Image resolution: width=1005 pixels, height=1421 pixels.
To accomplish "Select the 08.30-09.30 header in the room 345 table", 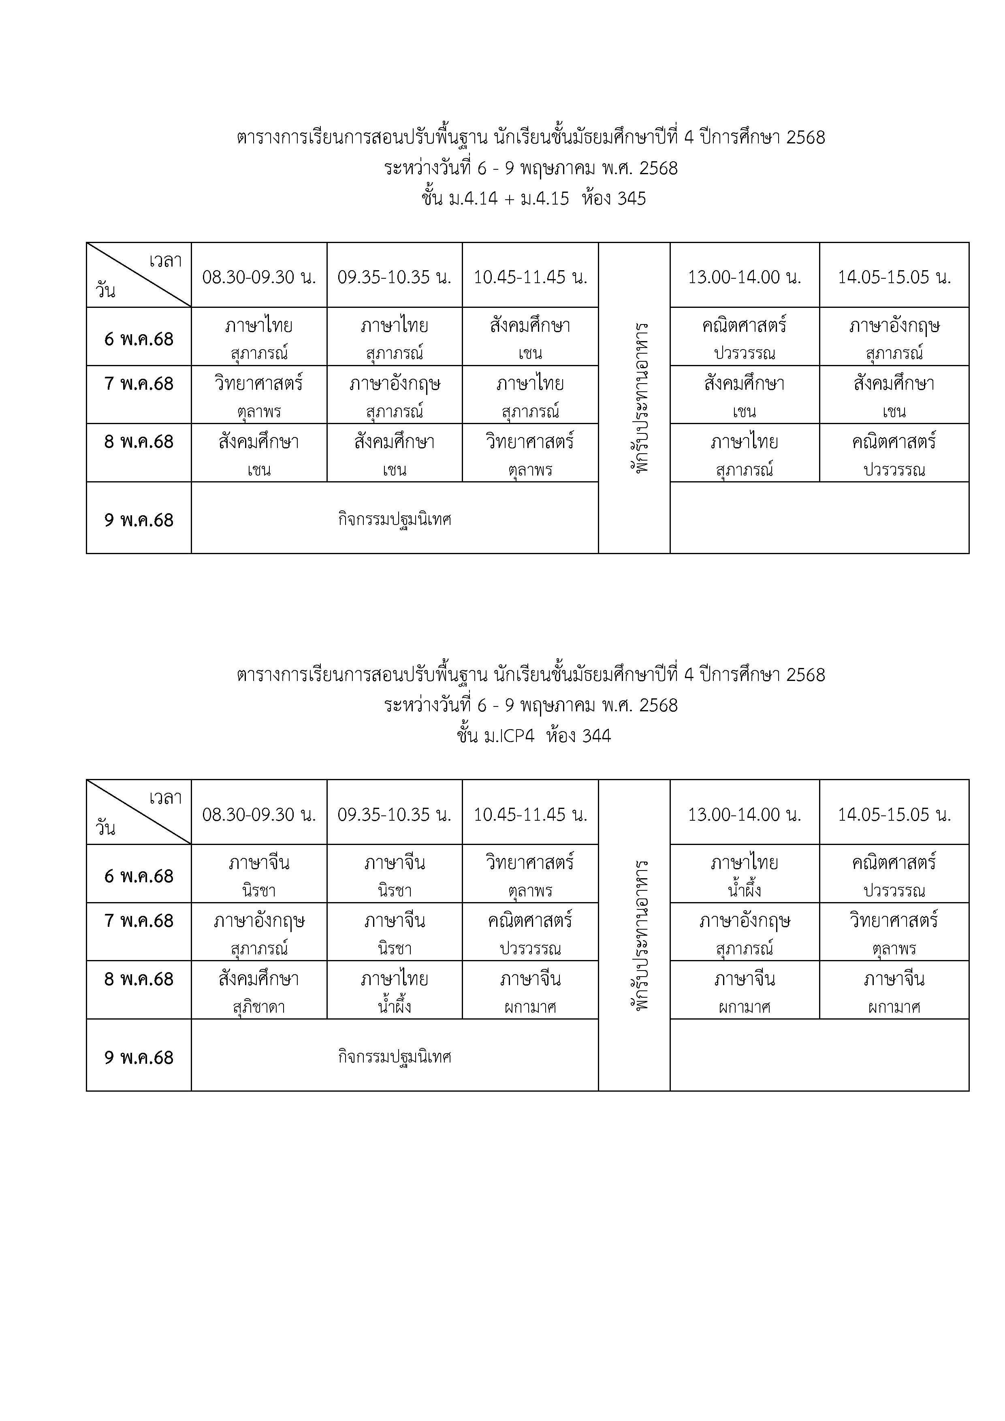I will [x=259, y=277].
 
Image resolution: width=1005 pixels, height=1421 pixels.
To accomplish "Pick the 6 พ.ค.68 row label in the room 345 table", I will [x=139, y=339].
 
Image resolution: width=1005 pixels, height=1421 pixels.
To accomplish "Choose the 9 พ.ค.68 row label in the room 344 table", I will [x=139, y=1057].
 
